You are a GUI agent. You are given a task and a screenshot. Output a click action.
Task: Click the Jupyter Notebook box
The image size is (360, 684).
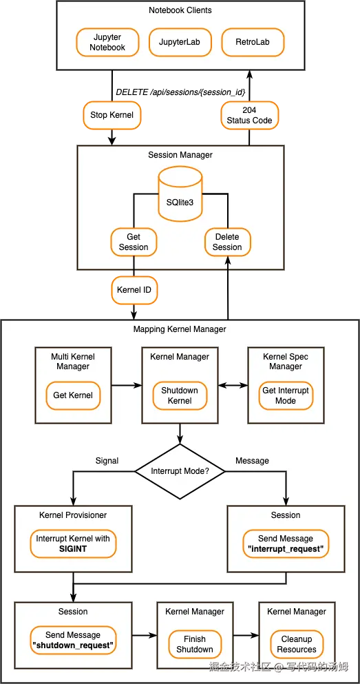coord(107,42)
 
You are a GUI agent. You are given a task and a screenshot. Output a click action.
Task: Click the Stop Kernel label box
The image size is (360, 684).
coord(112,115)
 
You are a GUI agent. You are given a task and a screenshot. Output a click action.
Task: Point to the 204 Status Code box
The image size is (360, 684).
coord(249,115)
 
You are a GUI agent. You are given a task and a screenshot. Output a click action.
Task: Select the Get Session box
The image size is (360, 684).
coord(134,242)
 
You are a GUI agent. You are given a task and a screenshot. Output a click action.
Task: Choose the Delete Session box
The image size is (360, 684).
coord(227,242)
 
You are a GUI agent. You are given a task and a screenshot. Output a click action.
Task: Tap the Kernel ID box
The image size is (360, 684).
coord(134,290)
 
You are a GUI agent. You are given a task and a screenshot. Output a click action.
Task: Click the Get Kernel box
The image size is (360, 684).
coord(73,395)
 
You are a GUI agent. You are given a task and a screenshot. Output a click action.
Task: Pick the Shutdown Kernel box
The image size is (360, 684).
coord(180,395)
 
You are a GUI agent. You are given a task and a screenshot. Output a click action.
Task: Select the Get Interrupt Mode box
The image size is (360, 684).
coord(286,395)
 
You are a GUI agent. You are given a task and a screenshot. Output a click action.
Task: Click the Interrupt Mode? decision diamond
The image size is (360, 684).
coord(180,472)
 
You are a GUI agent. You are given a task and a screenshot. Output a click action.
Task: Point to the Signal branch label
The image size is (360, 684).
coord(107,461)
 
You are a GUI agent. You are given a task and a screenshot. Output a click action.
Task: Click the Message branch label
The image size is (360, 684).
coord(252,461)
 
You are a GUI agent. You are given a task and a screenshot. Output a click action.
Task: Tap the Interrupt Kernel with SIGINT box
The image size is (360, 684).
coord(73,543)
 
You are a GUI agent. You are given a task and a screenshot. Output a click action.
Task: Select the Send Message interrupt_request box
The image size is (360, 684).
coord(285,543)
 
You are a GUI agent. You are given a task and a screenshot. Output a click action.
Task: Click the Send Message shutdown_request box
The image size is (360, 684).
coord(73,640)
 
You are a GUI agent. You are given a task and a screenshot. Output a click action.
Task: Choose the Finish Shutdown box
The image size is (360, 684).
coord(195,644)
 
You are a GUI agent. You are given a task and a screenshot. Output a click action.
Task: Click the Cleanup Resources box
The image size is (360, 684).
coord(297,644)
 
